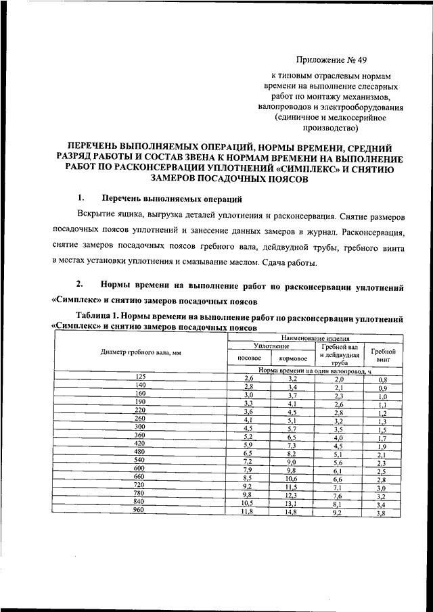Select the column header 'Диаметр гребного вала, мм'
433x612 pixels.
pos(141,353)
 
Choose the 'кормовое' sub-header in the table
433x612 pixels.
pos(293,358)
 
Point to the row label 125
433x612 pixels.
pos(141,376)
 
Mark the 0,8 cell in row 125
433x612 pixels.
pos(382,380)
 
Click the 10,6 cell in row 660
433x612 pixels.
pos(292,479)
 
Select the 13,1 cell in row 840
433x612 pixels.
pos(293,504)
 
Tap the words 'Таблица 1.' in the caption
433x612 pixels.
pos(99,316)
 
